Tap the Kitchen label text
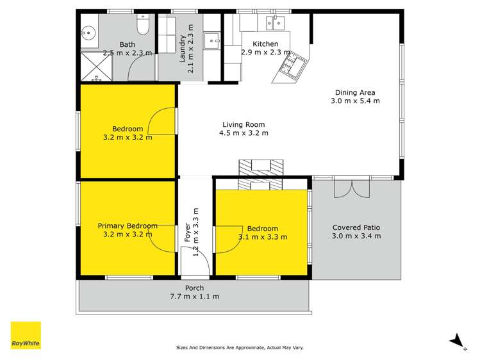pos(265,44)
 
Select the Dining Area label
pos(354,92)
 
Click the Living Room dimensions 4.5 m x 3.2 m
pos(244,133)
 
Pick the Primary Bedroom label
pos(128,226)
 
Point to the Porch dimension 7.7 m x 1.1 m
pos(194,297)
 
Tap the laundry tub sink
pos(211,42)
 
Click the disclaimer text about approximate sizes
pos(240,348)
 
